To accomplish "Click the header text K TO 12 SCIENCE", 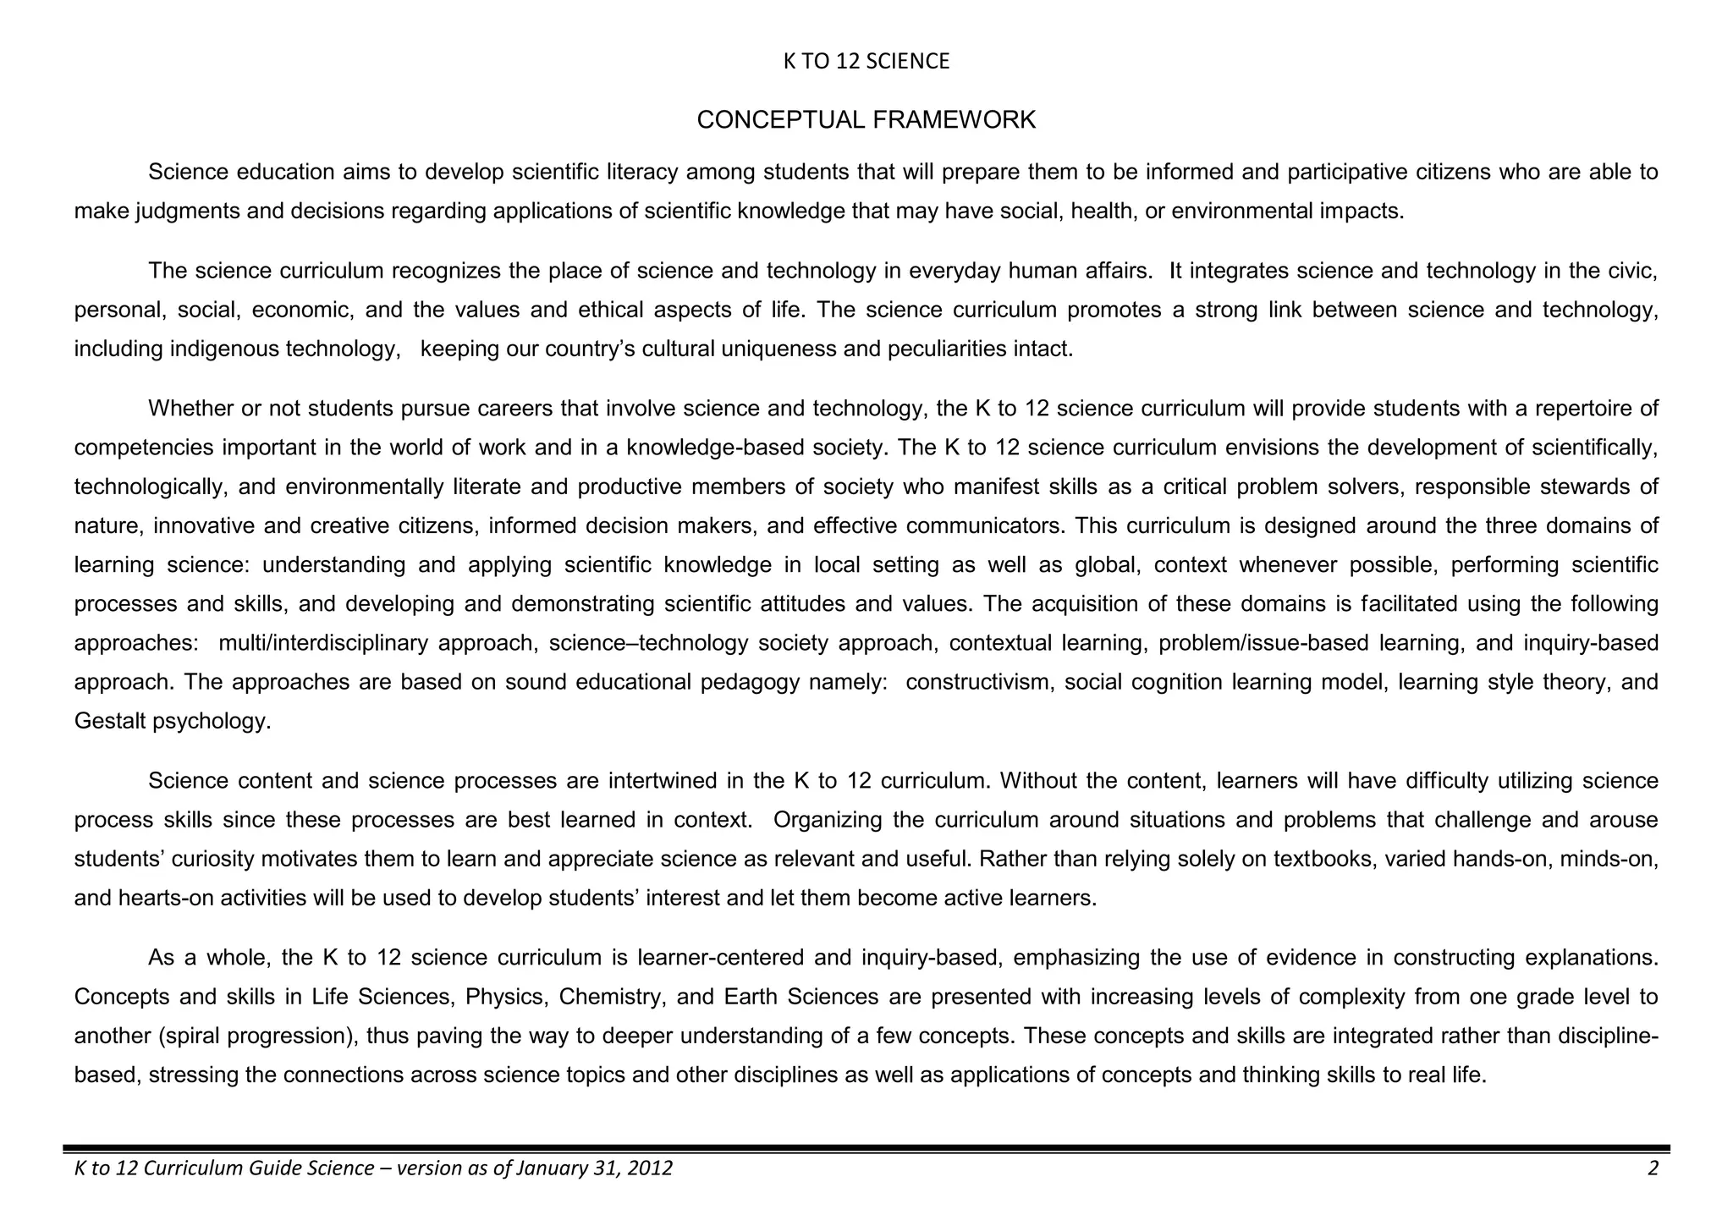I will coord(866,62).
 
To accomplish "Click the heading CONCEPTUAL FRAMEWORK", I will coord(866,120).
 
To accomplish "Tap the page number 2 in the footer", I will coord(1653,1168).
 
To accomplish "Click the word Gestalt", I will coord(109,722).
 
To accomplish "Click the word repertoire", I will coord(1572,409).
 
